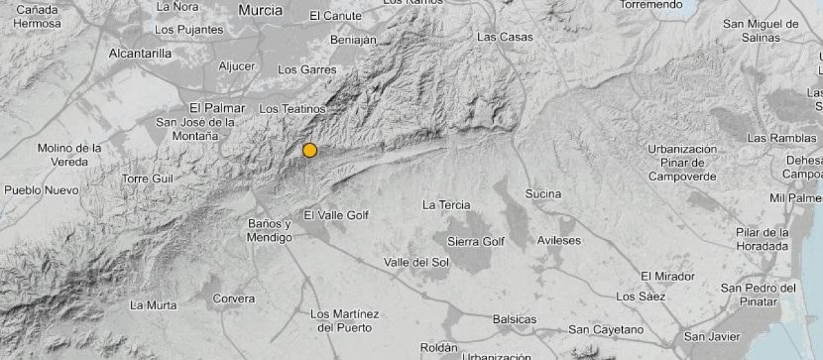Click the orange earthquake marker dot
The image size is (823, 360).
click(x=310, y=150)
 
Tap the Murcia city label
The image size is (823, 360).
click(x=261, y=10)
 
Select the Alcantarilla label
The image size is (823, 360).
click(x=141, y=53)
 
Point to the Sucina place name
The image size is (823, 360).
click(x=543, y=194)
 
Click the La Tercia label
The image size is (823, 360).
click(x=446, y=205)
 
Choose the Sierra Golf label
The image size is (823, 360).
click(x=475, y=241)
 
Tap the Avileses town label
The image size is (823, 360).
click(x=559, y=241)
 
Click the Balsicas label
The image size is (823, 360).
click(x=514, y=320)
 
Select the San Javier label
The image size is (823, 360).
click(x=713, y=337)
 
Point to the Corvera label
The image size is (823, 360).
click(x=234, y=299)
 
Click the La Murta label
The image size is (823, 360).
click(x=153, y=305)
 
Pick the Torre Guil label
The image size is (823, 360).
click(x=147, y=179)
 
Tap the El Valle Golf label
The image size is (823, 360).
click(x=336, y=215)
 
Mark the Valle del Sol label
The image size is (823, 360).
click(x=416, y=263)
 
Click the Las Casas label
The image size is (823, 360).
click(x=505, y=37)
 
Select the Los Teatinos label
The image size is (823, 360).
click(x=292, y=109)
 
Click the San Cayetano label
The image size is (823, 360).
click(x=606, y=330)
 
